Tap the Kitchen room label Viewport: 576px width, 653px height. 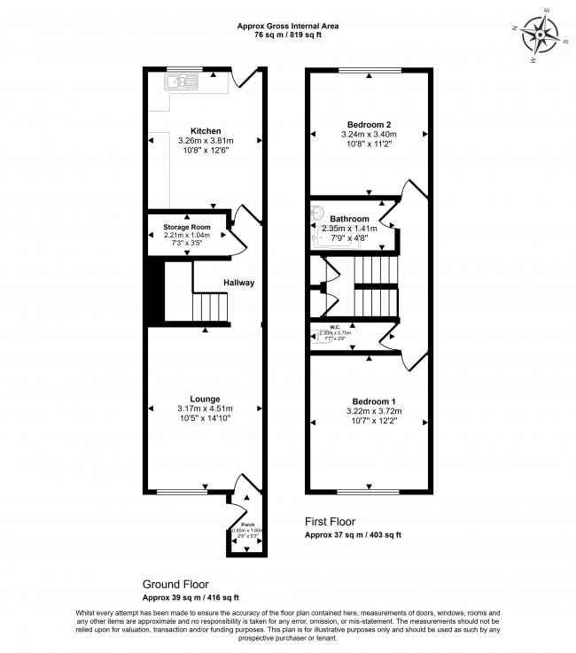205,131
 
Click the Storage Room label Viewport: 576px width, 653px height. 186,227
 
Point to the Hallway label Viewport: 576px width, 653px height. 238,283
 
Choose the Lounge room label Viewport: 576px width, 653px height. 205,399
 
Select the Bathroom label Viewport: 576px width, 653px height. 349,219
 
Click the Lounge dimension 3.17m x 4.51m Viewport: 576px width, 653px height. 205,408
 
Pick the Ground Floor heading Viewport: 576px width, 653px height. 175,585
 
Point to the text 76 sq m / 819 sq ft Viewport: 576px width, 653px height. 287,36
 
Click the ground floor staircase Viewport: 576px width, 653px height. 209,307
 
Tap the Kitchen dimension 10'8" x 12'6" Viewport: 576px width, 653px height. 205,150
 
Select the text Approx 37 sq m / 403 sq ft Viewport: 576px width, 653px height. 353,535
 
